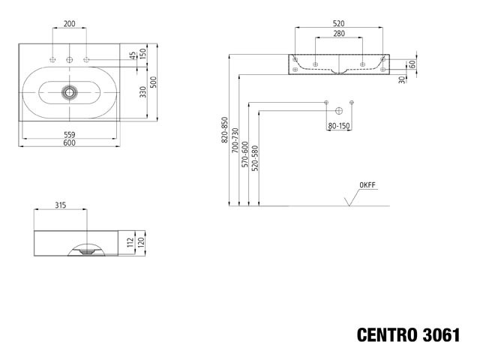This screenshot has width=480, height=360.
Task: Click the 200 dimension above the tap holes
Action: coord(69,23)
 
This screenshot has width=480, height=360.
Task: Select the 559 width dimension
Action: coord(70,134)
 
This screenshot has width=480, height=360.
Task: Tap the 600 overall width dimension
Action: coord(70,142)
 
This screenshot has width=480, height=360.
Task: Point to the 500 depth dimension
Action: coord(153,82)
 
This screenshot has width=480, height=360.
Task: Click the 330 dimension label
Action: coord(143,91)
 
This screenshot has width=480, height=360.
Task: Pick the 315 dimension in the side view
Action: coord(61,205)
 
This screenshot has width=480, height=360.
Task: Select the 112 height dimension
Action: coord(130,242)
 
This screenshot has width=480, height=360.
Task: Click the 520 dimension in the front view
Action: coord(338,23)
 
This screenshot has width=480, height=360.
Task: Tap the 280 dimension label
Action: coord(339,34)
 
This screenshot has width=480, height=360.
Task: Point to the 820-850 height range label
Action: coord(225,130)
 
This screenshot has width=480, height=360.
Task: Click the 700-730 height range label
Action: coord(235,140)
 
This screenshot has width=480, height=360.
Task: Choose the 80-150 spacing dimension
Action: coord(339,126)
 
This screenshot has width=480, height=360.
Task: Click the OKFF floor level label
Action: coord(367,185)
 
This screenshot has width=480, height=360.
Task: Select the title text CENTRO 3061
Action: coord(408,335)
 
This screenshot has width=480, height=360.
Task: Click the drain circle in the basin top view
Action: coord(70,92)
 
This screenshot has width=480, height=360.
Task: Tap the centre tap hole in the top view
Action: coord(70,60)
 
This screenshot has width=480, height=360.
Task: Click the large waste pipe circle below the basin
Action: coord(339,111)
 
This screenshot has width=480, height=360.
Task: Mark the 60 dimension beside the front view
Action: coord(412,64)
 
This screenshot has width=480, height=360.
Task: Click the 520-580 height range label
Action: coord(255,158)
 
